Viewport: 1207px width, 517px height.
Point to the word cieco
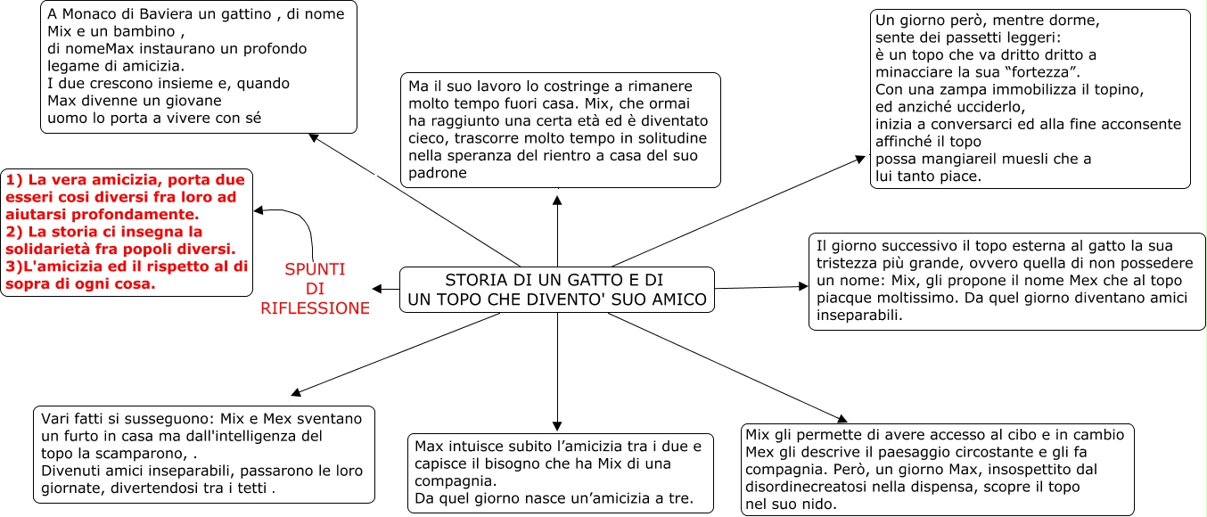[427, 138]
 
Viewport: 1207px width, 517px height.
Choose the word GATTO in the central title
[574, 279]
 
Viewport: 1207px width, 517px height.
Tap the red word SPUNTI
[315, 269]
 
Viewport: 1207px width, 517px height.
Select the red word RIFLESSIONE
[315, 308]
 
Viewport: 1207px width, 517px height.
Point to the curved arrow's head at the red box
[259, 211]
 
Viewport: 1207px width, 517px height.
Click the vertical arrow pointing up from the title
[557, 232]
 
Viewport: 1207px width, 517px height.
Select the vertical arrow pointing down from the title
[557, 374]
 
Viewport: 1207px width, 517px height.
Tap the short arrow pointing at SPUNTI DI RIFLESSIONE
[385, 289]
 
